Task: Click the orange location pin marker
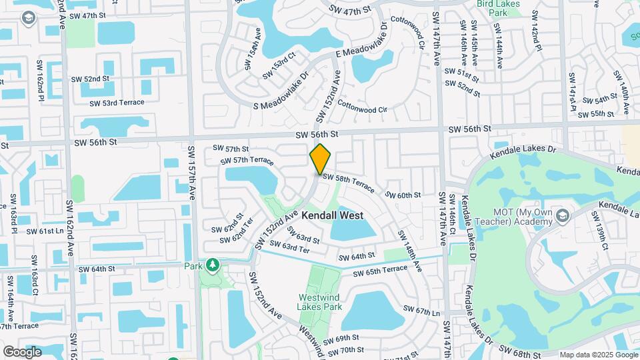tap(320, 159)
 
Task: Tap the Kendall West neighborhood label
tap(332, 215)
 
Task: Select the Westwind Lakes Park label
tap(320, 301)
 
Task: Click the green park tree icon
tap(213, 266)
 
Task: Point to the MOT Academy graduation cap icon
tap(563, 215)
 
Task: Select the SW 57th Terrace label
tap(247, 161)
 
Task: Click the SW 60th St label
tap(403, 195)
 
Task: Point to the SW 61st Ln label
tap(44, 231)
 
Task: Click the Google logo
tap(22, 351)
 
